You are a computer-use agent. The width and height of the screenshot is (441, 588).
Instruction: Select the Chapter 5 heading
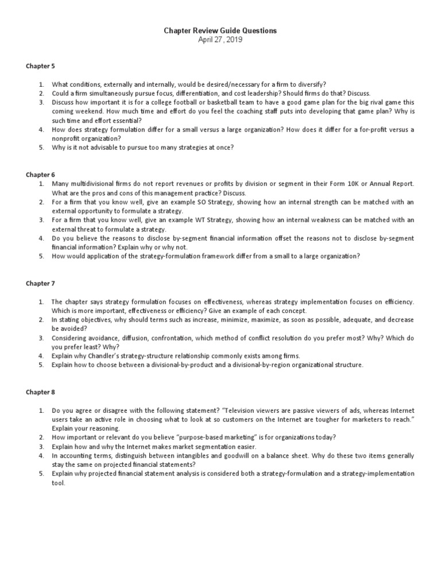(x=40, y=66)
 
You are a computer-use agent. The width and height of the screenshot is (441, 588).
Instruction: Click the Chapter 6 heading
(x=40, y=173)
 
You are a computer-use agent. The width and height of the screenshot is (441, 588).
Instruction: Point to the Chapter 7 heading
(x=40, y=283)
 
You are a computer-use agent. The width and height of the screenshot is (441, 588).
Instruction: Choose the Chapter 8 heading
(x=40, y=392)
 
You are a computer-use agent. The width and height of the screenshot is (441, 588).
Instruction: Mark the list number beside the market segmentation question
(x=41, y=447)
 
